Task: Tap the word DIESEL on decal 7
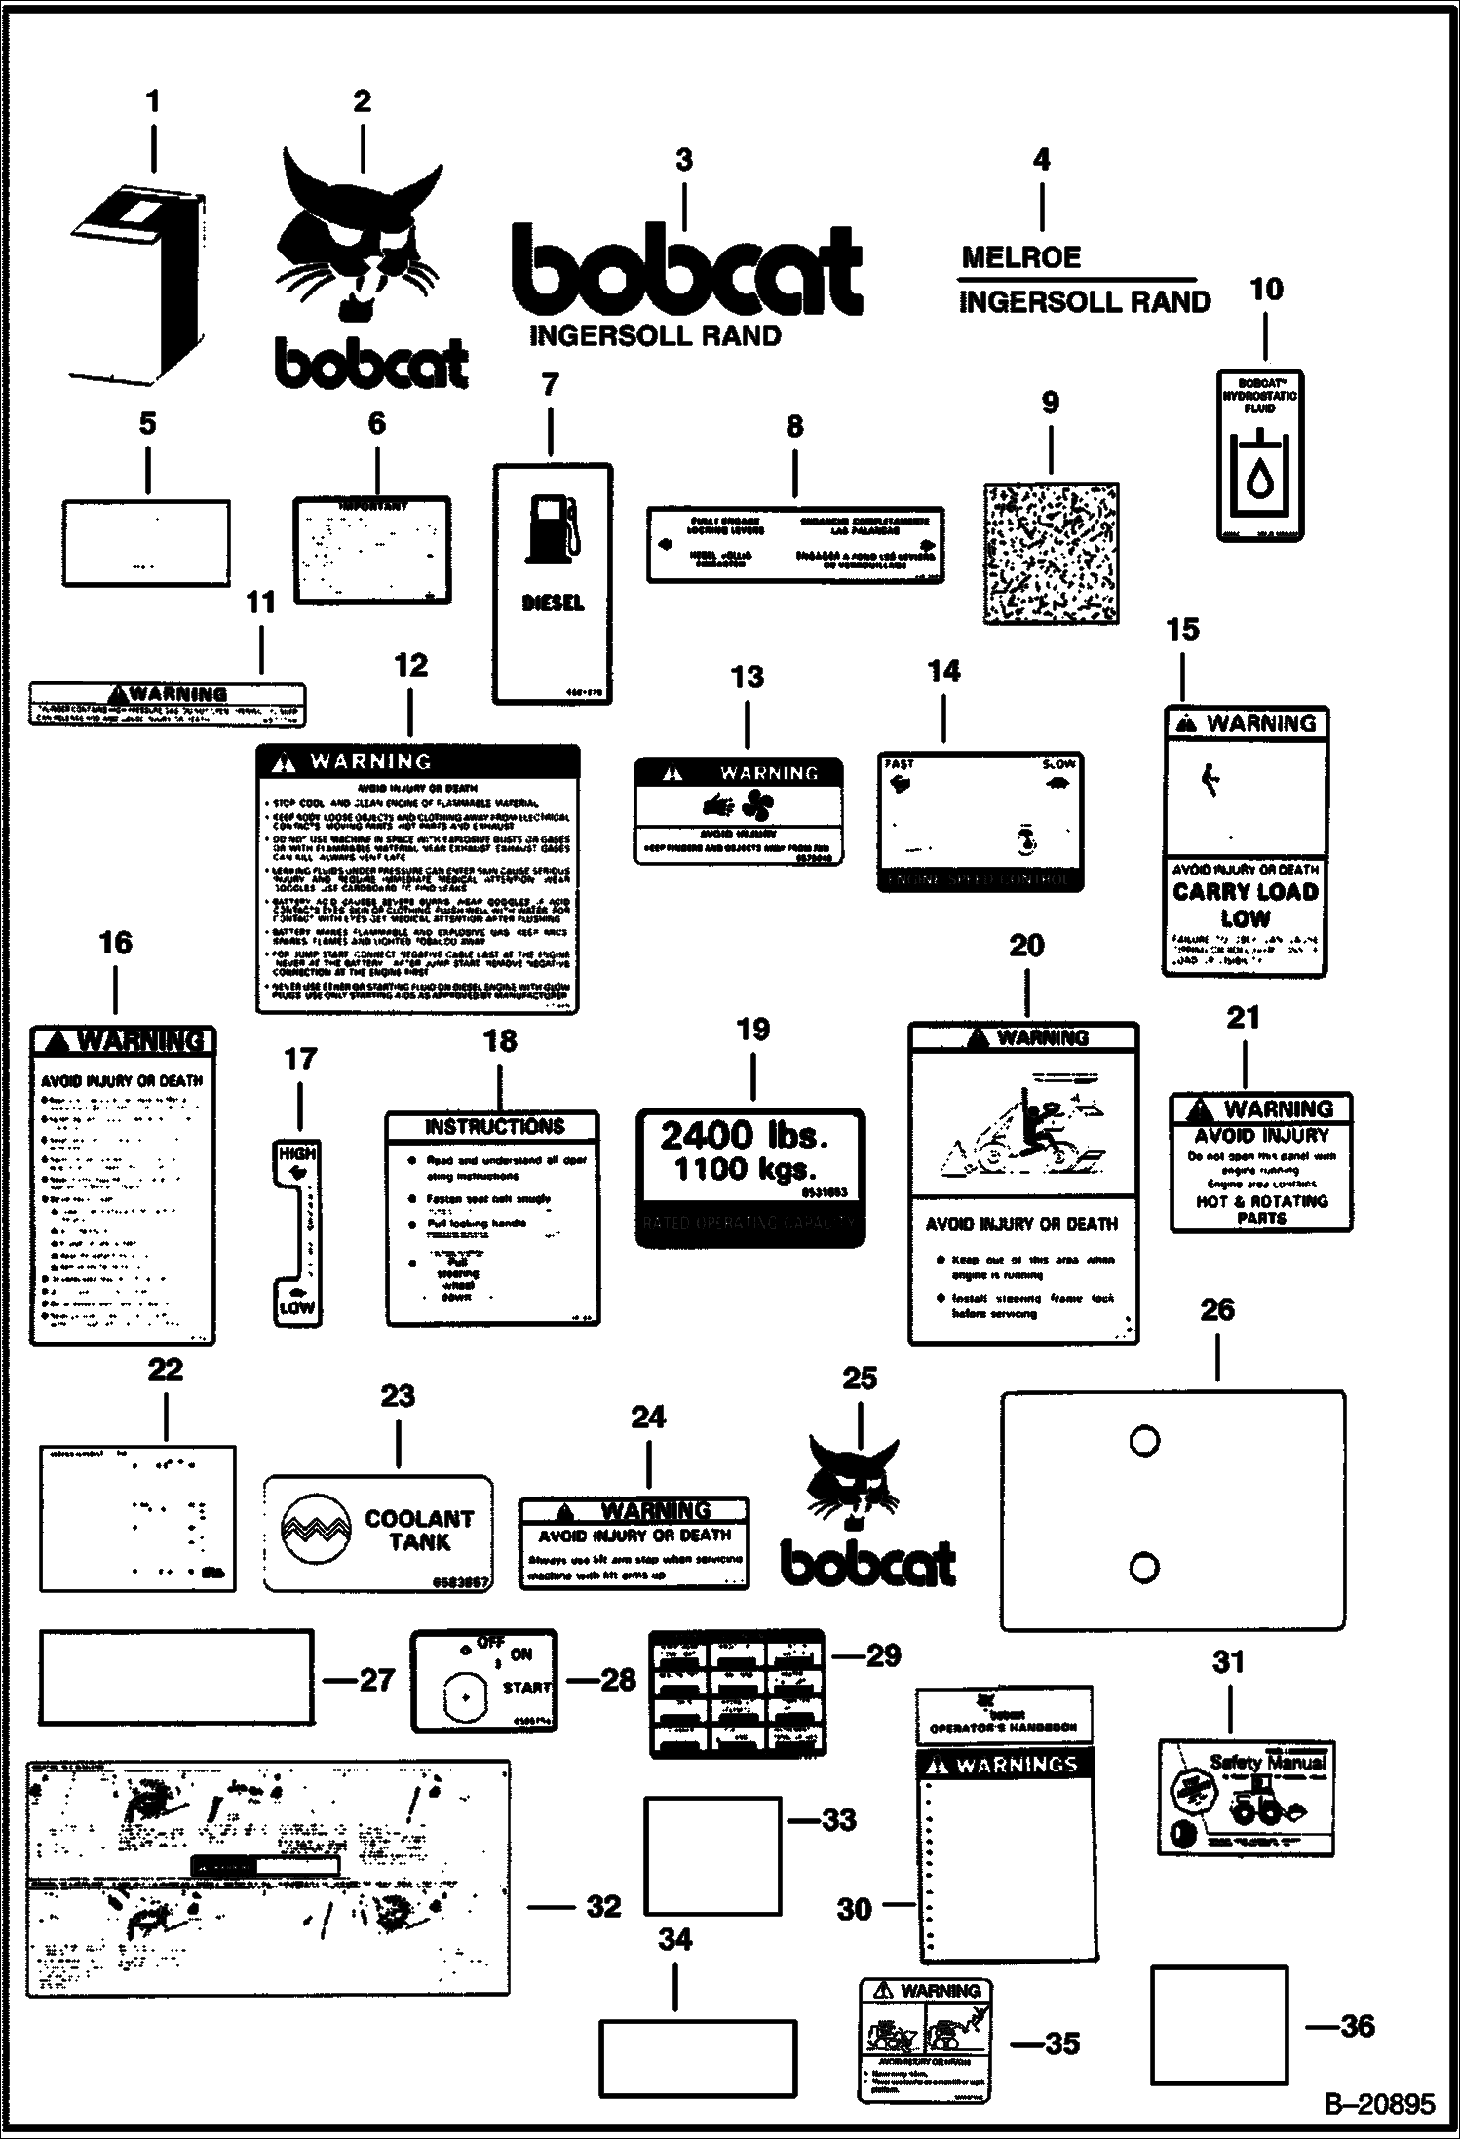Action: point(553,603)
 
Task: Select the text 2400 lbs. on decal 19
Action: point(744,1135)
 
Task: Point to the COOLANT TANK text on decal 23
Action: point(419,1530)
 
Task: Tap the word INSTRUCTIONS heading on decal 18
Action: point(494,1127)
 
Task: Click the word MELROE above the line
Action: point(1021,257)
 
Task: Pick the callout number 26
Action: point(1217,1309)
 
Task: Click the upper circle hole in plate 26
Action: point(1144,1440)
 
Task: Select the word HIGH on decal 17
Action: point(297,1153)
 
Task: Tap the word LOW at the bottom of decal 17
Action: point(297,1308)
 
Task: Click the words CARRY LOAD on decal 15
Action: point(1246,891)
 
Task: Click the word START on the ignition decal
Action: point(527,1688)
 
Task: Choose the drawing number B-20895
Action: point(1379,2104)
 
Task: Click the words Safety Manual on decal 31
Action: point(1268,1763)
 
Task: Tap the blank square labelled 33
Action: point(712,1856)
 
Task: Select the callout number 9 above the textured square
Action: point(1050,403)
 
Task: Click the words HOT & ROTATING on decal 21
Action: point(1262,1201)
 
